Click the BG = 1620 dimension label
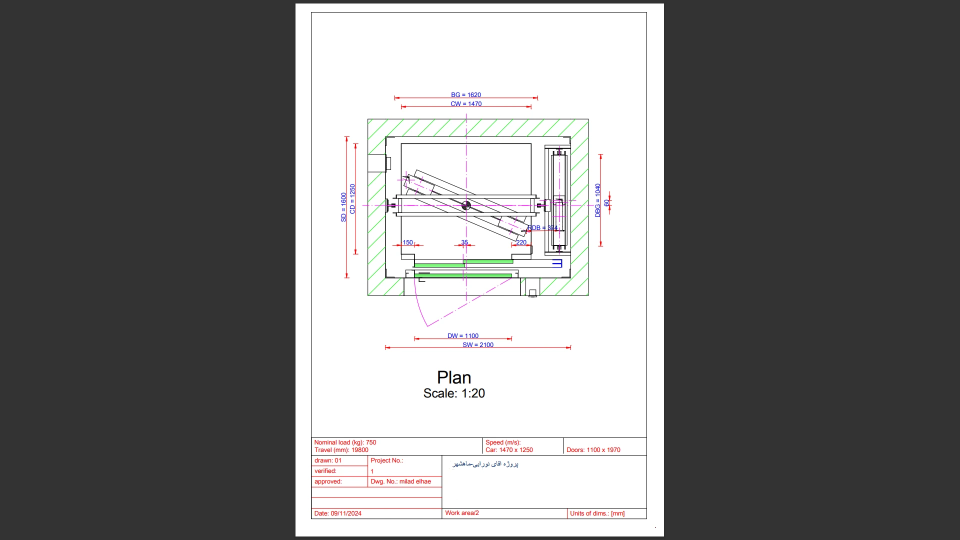point(465,94)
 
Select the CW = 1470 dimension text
point(465,104)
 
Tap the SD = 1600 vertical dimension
point(343,207)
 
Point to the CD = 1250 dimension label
point(352,199)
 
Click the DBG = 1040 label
point(597,200)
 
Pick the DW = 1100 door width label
point(462,336)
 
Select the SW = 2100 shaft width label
point(477,345)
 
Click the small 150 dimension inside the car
point(408,242)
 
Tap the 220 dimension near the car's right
point(521,242)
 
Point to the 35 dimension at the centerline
point(464,242)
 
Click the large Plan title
point(453,377)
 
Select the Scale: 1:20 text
point(453,393)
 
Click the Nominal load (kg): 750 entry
point(345,442)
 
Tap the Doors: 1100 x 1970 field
point(593,450)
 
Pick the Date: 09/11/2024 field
point(337,513)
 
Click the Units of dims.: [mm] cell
point(597,513)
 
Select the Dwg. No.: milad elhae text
point(400,481)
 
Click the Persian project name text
point(485,464)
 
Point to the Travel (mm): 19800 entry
point(341,450)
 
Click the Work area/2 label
point(461,513)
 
